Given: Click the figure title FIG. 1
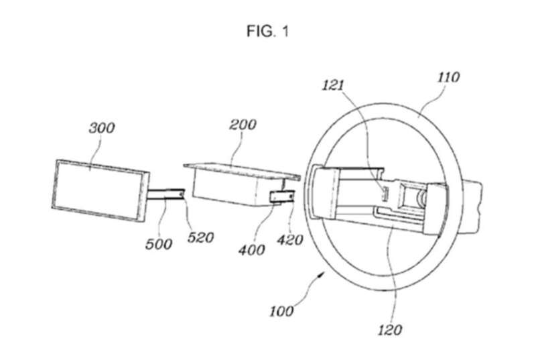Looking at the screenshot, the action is [x=267, y=32].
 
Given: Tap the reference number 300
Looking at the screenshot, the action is [x=102, y=128].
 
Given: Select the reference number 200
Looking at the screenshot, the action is [x=243, y=125].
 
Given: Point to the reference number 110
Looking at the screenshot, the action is [x=448, y=77].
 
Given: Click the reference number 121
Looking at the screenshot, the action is [x=332, y=85].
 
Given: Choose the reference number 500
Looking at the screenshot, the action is [x=158, y=244].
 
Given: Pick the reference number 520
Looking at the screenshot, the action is [x=200, y=237].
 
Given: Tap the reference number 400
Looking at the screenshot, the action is [x=252, y=250].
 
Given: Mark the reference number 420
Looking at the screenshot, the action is [x=290, y=240].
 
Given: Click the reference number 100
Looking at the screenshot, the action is [x=281, y=311].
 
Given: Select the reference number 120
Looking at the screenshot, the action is [x=390, y=330].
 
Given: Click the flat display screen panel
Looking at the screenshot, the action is [x=100, y=191].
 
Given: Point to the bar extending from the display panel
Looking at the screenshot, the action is [x=165, y=194].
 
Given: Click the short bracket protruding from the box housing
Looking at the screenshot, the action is [x=282, y=196].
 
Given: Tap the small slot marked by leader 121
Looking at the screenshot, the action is [x=384, y=193].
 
